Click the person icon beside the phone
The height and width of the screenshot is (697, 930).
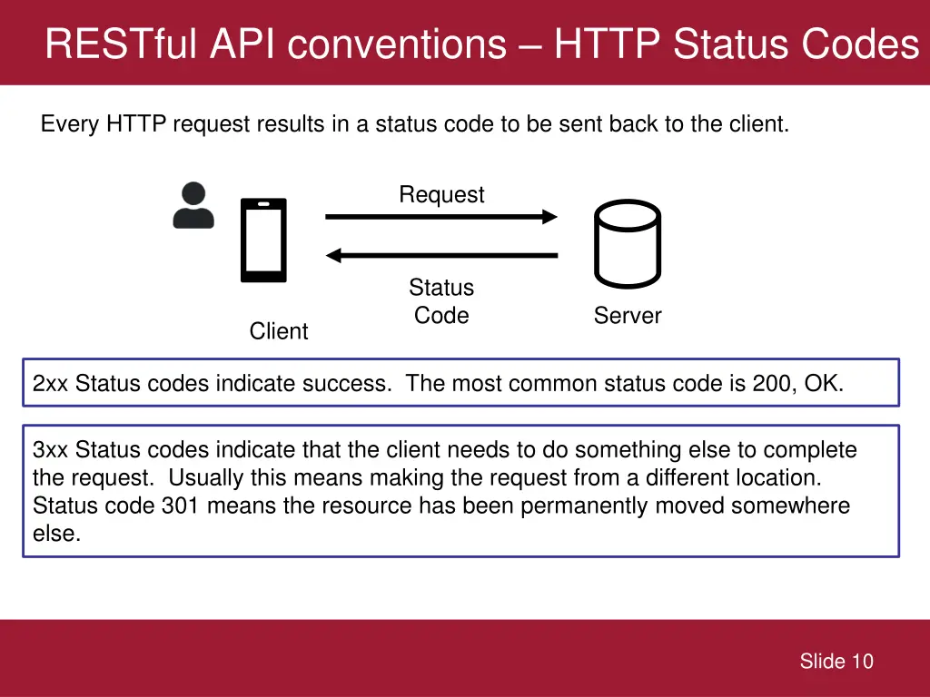(x=193, y=205)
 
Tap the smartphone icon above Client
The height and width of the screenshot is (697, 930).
(x=263, y=241)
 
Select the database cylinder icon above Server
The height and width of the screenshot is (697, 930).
(x=627, y=242)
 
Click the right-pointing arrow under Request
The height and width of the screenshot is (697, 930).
(x=440, y=217)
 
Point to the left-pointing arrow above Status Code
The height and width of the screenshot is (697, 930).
(x=440, y=256)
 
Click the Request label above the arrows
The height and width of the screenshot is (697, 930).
(x=441, y=194)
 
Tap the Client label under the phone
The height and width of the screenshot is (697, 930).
(x=279, y=331)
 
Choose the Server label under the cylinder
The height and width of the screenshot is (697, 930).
(x=628, y=316)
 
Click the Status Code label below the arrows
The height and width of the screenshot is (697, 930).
(x=441, y=301)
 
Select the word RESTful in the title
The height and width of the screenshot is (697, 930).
(x=122, y=44)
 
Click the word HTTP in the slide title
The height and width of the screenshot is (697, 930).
(x=608, y=44)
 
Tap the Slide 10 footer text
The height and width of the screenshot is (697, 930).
(x=836, y=662)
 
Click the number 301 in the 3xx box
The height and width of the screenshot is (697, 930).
(x=181, y=506)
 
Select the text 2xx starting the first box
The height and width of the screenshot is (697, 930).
(x=50, y=384)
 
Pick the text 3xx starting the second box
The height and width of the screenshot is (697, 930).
(x=50, y=450)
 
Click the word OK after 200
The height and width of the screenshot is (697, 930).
(x=823, y=384)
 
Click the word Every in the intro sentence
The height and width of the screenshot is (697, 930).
(x=70, y=124)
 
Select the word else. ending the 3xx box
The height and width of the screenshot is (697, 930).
(x=56, y=534)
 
